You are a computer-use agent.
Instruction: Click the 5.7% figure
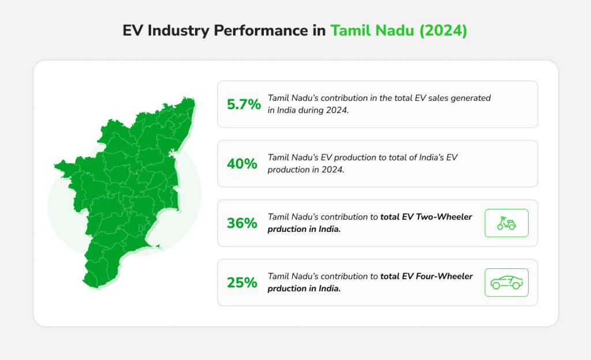[244, 104]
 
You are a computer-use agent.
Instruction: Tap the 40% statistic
[242, 164]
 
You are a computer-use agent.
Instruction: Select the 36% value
[242, 223]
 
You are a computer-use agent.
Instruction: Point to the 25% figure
[242, 283]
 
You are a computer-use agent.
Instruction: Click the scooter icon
[506, 223]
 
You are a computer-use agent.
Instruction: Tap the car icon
[507, 283]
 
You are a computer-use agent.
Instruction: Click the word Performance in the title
[261, 31]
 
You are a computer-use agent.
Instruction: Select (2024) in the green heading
[443, 31]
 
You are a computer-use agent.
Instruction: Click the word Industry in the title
[178, 31]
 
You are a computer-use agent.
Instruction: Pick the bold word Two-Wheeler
[444, 217]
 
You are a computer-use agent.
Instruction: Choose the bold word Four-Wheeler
[444, 276]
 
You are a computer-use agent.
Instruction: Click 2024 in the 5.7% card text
[337, 110]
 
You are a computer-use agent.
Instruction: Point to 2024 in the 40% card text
[333, 170]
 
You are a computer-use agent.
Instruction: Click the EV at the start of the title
[132, 31]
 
